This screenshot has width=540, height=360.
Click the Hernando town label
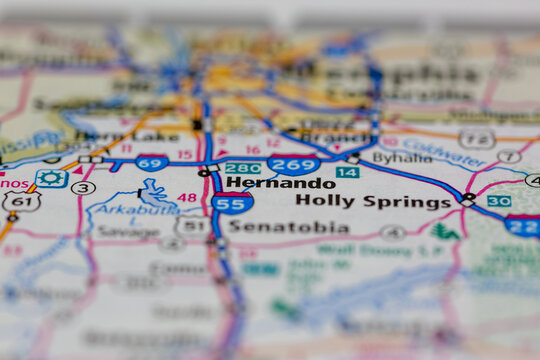click(x=280, y=183)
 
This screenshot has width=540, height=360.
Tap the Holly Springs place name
click(x=373, y=201)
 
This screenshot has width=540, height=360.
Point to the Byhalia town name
click(x=402, y=158)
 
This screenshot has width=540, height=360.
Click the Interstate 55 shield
click(x=231, y=203)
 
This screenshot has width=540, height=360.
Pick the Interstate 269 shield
click(x=293, y=164)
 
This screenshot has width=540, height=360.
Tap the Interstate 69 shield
click(x=152, y=163)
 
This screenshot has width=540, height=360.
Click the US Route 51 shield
click(x=192, y=227)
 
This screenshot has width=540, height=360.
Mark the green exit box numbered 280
click(x=243, y=168)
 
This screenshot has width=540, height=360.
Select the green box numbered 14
click(x=347, y=172)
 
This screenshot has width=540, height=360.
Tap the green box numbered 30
click(x=499, y=201)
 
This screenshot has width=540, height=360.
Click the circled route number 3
click(x=84, y=187)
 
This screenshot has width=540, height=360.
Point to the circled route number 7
click(x=509, y=156)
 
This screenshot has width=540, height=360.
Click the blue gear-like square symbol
click(x=51, y=179)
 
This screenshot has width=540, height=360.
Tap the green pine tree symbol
click(x=446, y=231)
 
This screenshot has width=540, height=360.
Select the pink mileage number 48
click(x=187, y=197)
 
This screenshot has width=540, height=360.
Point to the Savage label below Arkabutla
click(x=127, y=231)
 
